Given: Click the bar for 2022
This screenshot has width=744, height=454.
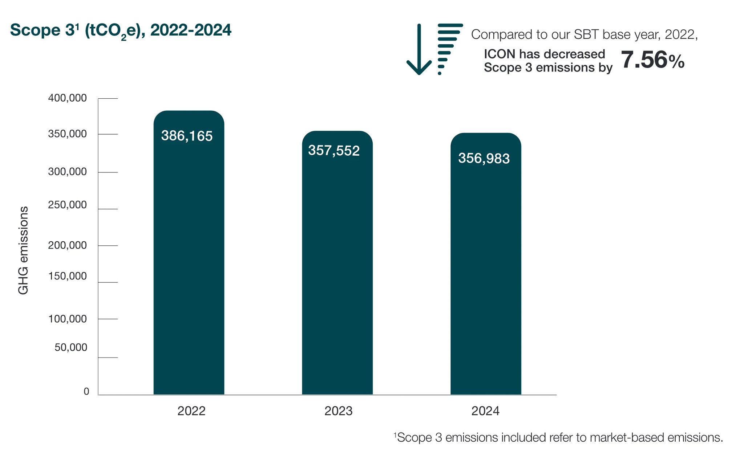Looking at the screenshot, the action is click(x=189, y=253).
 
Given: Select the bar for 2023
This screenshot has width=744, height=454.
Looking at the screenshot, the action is click(x=337, y=263).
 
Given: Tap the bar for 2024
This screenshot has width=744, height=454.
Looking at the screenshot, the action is click(x=486, y=264).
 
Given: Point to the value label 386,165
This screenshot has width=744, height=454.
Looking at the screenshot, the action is click(x=187, y=136).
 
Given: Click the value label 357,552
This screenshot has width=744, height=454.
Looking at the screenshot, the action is click(x=334, y=151).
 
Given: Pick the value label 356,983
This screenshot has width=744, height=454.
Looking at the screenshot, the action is click(x=484, y=159).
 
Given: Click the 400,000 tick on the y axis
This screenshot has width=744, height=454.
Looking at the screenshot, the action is click(x=68, y=98).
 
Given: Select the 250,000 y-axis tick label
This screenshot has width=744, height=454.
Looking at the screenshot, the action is click(x=68, y=205).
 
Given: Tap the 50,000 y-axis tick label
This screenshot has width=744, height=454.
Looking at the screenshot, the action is click(x=71, y=348).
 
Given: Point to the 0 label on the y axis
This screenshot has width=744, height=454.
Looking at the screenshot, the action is click(x=86, y=392).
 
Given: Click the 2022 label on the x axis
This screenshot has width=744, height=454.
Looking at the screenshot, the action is click(x=191, y=411).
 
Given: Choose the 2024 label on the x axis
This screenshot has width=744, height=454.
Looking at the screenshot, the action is click(x=485, y=411).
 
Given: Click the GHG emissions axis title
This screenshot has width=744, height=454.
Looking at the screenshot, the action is click(x=23, y=250).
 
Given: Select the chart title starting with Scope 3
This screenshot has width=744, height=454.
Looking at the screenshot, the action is click(x=121, y=31).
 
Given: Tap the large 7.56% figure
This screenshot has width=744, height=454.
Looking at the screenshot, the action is click(x=653, y=60).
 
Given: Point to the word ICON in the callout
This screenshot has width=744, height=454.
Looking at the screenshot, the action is click(x=500, y=54).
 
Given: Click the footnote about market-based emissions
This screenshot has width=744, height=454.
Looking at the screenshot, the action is click(x=558, y=437).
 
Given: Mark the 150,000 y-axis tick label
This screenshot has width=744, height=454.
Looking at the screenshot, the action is click(x=68, y=277).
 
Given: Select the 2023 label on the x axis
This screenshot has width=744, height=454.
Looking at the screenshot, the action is click(x=339, y=411).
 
